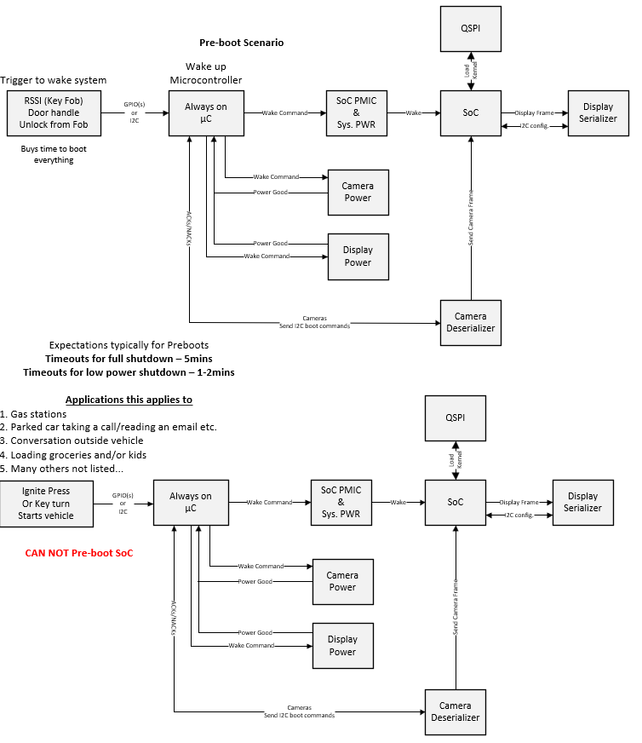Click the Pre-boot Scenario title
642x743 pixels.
pyautogui.click(x=242, y=43)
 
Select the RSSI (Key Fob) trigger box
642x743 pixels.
pyautogui.click(x=54, y=113)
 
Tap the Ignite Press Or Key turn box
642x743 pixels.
pyautogui.click(x=46, y=504)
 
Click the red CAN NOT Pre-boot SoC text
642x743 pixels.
pyautogui.click(x=79, y=553)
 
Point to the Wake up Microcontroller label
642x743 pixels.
pyautogui.click(x=206, y=73)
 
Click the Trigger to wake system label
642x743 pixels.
pyautogui.click(x=54, y=80)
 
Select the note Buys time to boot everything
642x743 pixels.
pyautogui.click(x=54, y=154)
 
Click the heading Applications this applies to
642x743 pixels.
pyautogui.click(x=129, y=400)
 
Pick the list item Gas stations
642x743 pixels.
pyautogui.click(x=33, y=414)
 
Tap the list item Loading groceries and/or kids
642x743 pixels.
pyautogui.click(x=73, y=455)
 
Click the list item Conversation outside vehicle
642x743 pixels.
pyautogui.click(x=72, y=441)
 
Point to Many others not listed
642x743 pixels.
pyautogui.click(x=61, y=469)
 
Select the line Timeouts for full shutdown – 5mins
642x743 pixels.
pyautogui.click(x=129, y=359)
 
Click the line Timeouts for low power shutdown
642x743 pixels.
pyautogui.click(x=129, y=372)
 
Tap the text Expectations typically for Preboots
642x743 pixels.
pyautogui.click(x=129, y=345)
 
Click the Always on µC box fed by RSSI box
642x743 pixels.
pyautogui.click(x=206, y=113)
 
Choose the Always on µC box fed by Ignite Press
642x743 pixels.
pyautogui.click(x=191, y=503)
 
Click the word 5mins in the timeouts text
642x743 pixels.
pyautogui.click(x=198, y=359)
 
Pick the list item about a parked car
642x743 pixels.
pyautogui.click(x=108, y=427)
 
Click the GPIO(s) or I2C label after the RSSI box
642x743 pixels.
pyautogui.click(x=135, y=112)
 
